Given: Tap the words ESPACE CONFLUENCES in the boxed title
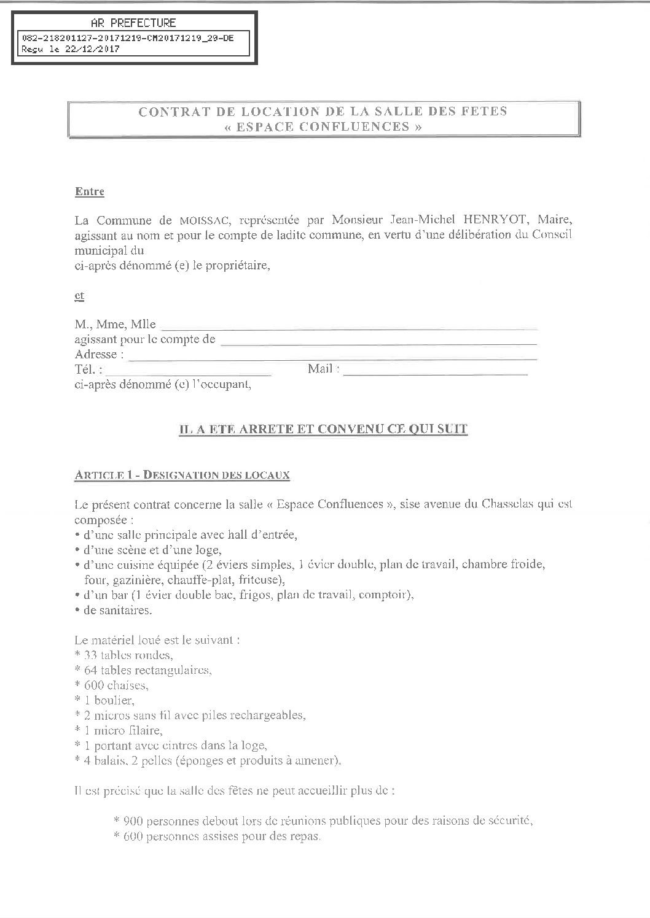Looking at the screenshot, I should (x=323, y=127).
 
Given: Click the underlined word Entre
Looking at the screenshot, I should (x=90, y=192).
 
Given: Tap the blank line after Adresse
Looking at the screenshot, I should (x=332, y=356).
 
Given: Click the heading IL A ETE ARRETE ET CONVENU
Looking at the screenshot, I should (x=323, y=430).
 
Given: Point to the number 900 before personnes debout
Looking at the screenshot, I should (x=132, y=821).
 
